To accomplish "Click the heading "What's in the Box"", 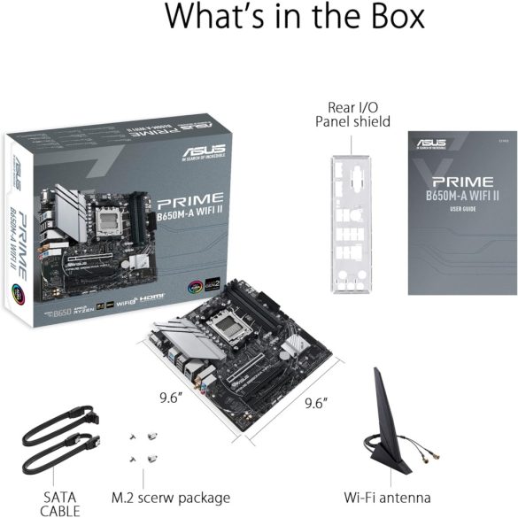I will (x=295, y=18).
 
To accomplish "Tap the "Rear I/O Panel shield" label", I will (x=352, y=114).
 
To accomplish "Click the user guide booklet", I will (x=461, y=213).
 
